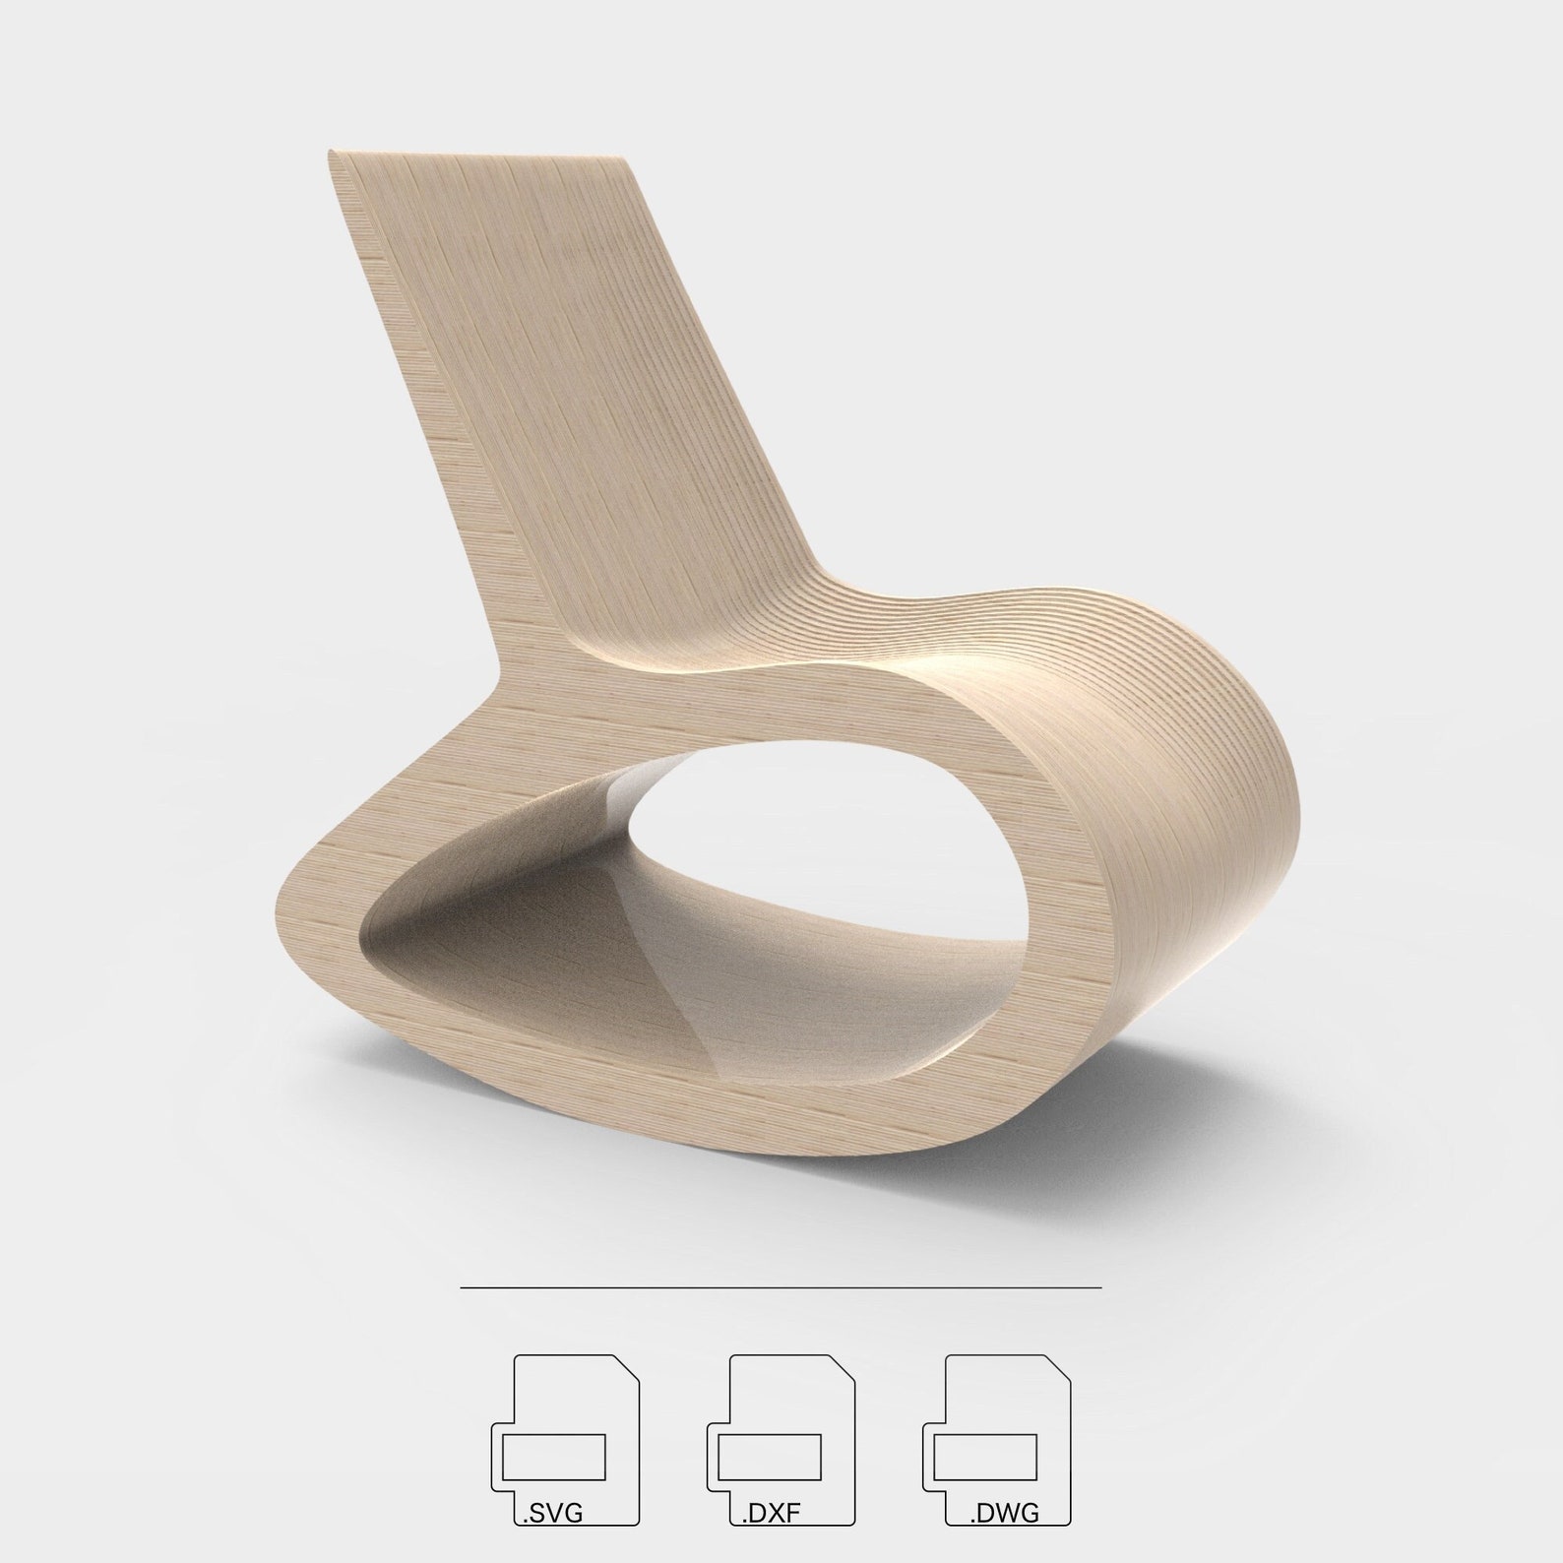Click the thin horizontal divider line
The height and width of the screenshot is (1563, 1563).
tap(780, 1286)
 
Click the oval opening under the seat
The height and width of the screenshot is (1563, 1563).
tap(827, 827)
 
